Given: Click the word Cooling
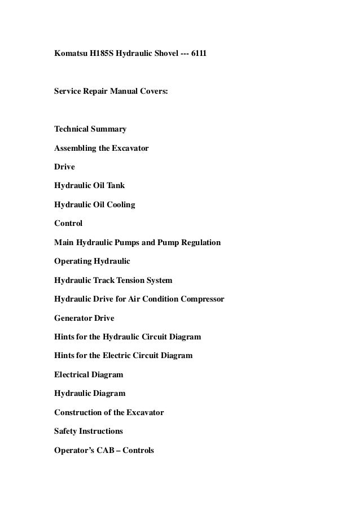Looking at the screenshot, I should pyautogui.click(x=120, y=204).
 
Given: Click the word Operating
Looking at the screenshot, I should pyautogui.click(x=72, y=261).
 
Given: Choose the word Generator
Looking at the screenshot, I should pyautogui.click(x=73, y=318).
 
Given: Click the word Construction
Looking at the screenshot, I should pyautogui.click(x=79, y=412).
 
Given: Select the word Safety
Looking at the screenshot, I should pyautogui.click(x=66, y=431).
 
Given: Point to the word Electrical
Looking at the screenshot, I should pyautogui.click(x=72, y=374).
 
